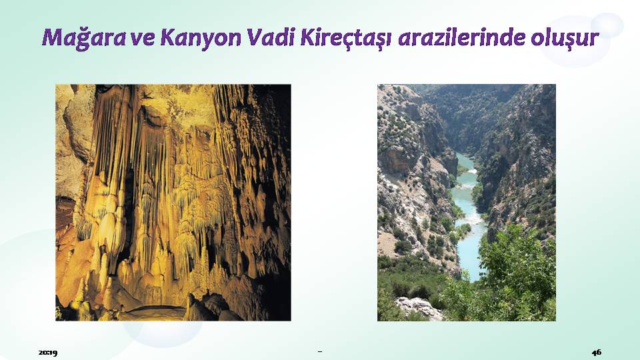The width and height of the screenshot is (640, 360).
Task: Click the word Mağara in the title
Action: pyautogui.click(x=84, y=38)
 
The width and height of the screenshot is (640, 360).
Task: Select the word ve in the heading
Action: pyautogui.click(x=143, y=39)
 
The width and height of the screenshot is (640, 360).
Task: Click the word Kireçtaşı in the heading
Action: pyautogui.click(x=346, y=38)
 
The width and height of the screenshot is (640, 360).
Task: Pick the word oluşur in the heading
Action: pyautogui.click(x=565, y=38)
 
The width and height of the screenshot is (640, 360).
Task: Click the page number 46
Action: pyautogui.click(x=596, y=352)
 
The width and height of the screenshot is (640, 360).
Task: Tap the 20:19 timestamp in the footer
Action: pyautogui.click(x=48, y=352)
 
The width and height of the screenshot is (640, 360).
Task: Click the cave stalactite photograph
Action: pyautogui.click(x=173, y=203)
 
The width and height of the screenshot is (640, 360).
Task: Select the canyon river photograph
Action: pyautogui.click(x=466, y=203)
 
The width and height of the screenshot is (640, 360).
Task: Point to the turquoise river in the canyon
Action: pyautogui.click(x=468, y=216)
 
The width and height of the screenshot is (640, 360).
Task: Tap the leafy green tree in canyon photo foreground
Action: pyautogui.click(x=515, y=269)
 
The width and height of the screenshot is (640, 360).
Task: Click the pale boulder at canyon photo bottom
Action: pyautogui.click(x=419, y=308)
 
